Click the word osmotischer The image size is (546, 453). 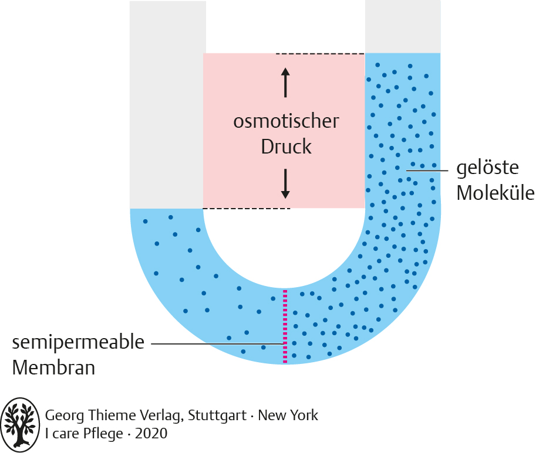[286, 121]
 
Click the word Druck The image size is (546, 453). [286, 147]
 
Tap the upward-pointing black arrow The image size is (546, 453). [285, 82]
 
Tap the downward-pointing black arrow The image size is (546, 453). [285, 183]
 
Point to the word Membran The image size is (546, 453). [53, 369]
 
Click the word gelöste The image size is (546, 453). [488, 168]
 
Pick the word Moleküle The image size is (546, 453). [496, 193]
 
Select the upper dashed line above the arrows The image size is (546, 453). [321, 54]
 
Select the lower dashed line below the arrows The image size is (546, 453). [247, 209]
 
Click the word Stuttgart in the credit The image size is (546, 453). [214, 416]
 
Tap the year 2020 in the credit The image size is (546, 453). [151, 434]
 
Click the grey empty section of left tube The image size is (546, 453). [167, 105]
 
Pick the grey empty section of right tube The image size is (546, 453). [403, 26]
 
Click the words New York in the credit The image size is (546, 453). [288, 416]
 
